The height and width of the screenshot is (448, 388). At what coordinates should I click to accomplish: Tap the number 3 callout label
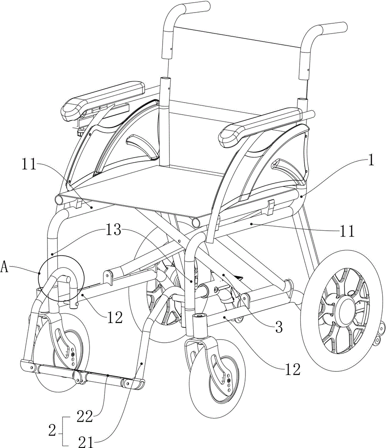[x=278, y=328]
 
